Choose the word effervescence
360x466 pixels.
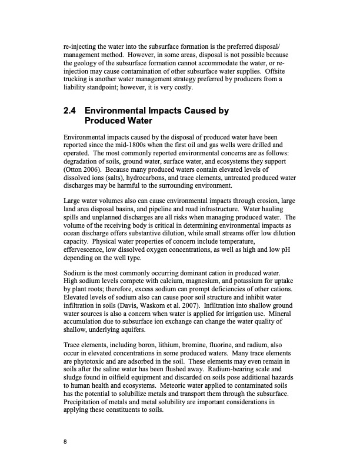[x=86, y=249]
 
